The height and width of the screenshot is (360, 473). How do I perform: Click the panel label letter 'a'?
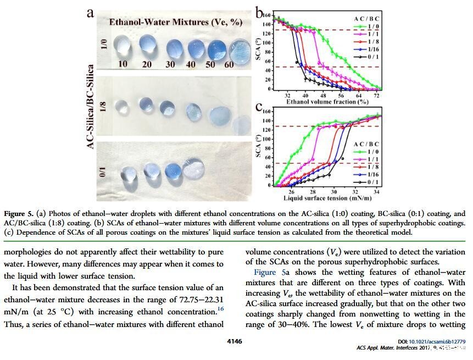[90, 12]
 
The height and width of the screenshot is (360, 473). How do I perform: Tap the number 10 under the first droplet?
[123, 64]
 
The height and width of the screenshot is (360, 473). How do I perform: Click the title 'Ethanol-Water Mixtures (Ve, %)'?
[168, 23]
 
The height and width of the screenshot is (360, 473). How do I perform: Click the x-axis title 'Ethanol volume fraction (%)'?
[327, 101]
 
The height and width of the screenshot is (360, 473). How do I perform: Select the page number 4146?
[235, 341]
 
